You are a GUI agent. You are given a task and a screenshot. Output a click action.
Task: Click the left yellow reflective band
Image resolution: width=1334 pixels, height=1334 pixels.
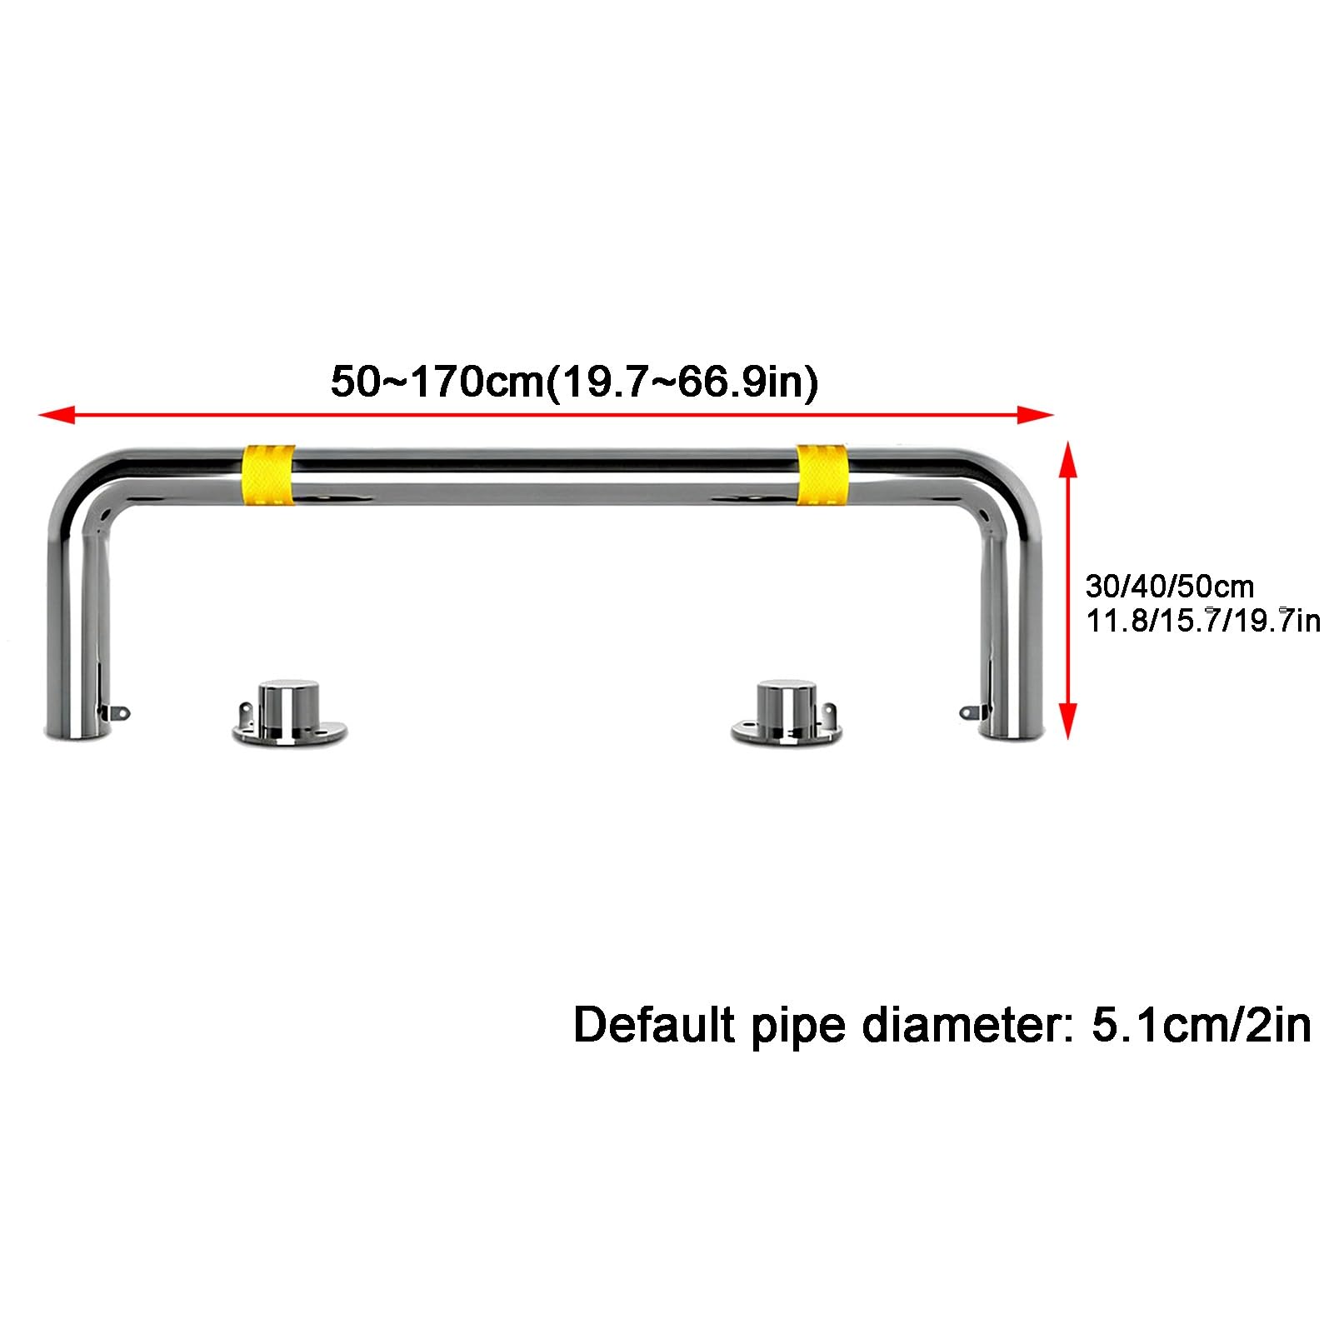(267, 475)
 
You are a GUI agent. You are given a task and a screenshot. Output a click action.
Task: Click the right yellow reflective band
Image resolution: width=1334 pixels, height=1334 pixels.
(822, 475)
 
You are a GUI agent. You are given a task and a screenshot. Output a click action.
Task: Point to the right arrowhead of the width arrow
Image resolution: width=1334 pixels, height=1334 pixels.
(1037, 414)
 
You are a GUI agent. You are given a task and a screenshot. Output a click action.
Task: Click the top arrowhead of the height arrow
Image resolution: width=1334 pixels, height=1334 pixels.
(1067, 459)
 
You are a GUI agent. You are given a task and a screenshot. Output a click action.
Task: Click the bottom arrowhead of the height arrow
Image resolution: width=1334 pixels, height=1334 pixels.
(1067, 722)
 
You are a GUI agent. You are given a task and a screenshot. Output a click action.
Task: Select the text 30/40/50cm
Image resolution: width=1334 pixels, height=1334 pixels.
(1169, 587)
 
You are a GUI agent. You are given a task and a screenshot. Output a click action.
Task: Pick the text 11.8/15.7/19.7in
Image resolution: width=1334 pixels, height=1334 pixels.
(1203, 621)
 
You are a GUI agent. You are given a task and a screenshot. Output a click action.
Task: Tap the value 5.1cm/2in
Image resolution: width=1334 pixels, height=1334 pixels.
(1202, 1024)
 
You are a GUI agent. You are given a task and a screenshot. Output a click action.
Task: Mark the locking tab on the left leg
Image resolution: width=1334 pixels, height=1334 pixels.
(117, 712)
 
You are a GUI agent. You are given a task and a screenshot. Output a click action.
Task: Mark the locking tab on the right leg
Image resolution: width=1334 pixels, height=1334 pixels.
(973, 712)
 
